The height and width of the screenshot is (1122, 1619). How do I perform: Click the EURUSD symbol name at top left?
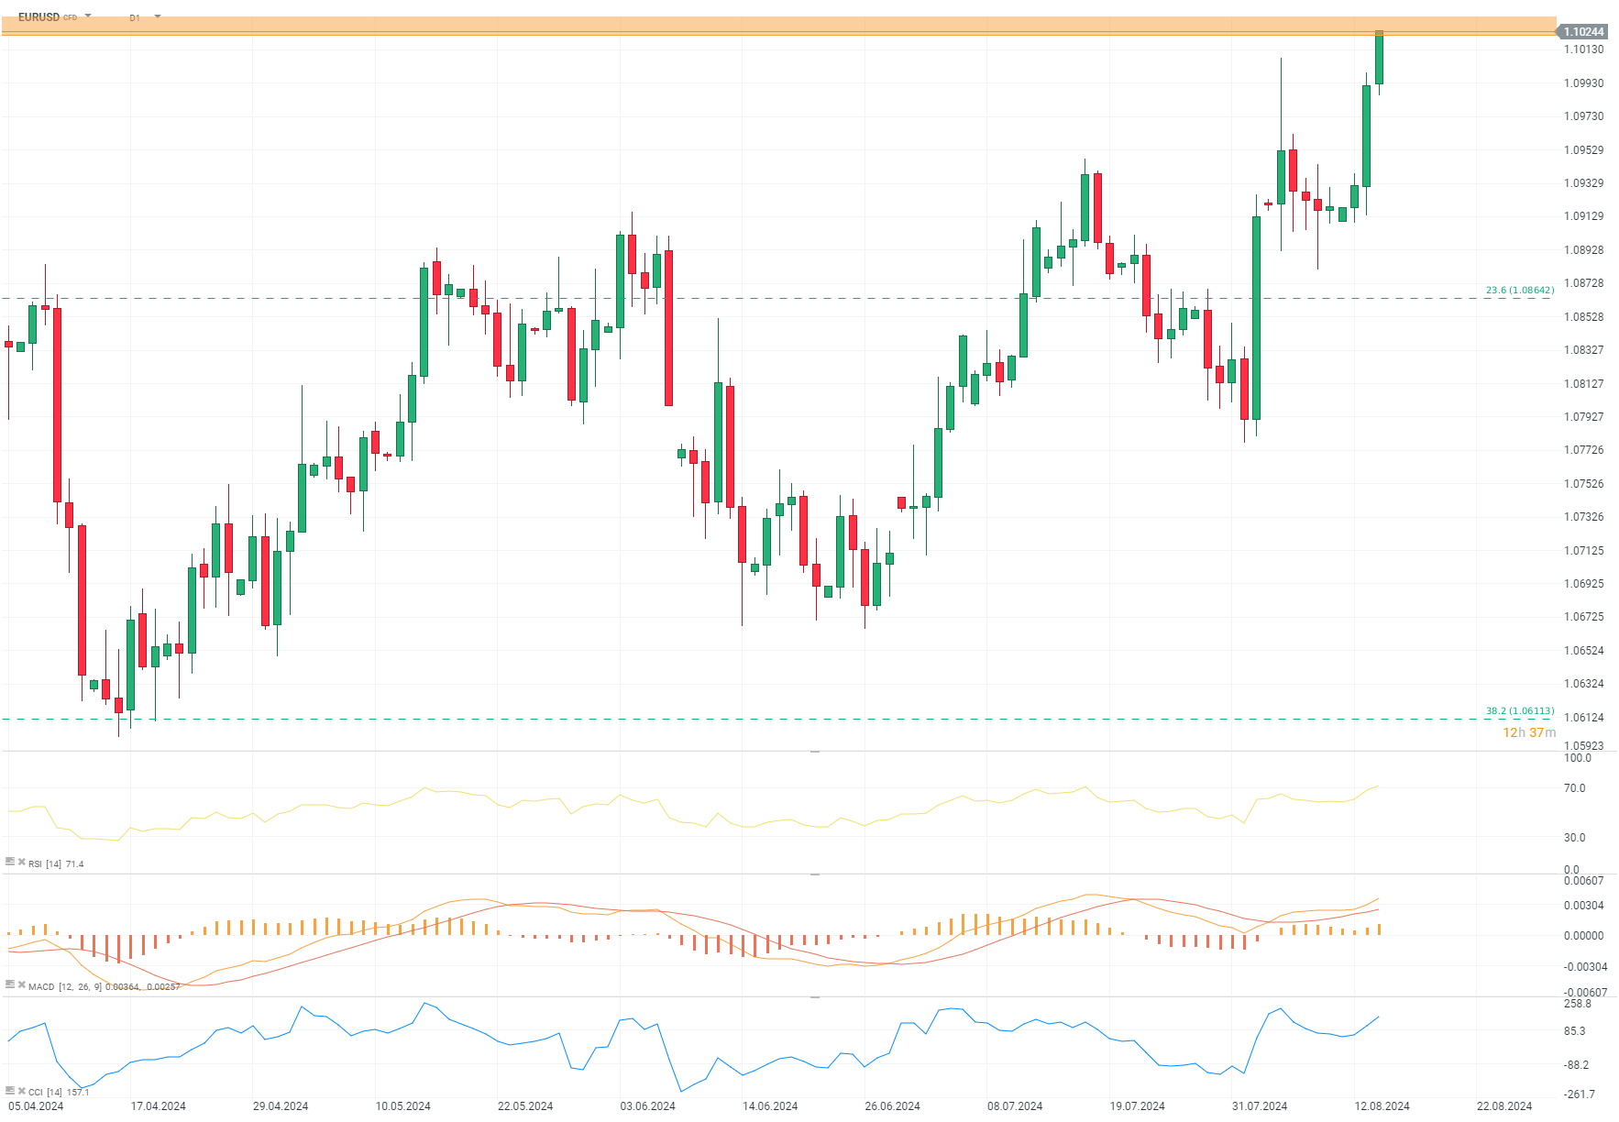pyautogui.click(x=39, y=17)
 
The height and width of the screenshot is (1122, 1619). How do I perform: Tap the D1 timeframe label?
pyautogui.click(x=135, y=18)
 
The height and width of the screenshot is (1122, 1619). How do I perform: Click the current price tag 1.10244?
pyautogui.click(x=1583, y=32)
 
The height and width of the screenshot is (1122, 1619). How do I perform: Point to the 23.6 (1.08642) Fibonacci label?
pyautogui.click(x=1519, y=291)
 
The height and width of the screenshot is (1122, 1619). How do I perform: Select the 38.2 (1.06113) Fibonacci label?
pyautogui.click(x=1519, y=711)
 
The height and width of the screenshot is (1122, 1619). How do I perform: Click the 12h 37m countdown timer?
pyautogui.click(x=1528, y=732)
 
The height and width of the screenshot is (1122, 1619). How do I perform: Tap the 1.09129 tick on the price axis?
pyautogui.click(x=1583, y=216)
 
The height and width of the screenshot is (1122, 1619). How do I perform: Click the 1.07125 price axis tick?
pyautogui.click(x=1583, y=551)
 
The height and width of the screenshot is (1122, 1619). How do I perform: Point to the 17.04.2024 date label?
pyautogui.click(x=158, y=1106)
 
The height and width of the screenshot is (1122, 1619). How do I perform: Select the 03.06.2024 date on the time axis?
pyautogui.click(x=647, y=1106)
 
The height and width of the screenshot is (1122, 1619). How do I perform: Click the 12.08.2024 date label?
pyautogui.click(x=1382, y=1106)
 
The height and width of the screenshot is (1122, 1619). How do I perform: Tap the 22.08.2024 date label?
pyautogui.click(x=1503, y=1106)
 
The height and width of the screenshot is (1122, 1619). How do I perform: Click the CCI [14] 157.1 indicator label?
pyautogui.click(x=58, y=1092)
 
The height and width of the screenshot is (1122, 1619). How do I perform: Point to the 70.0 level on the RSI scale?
pyautogui.click(x=1574, y=788)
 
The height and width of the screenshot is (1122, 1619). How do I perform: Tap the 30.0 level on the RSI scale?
pyautogui.click(x=1574, y=838)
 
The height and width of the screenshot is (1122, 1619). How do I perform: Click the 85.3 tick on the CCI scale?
pyautogui.click(x=1574, y=1031)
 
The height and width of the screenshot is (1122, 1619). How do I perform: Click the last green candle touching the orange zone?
pyautogui.click(x=1379, y=58)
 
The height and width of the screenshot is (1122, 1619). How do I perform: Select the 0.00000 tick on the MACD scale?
pyautogui.click(x=1583, y=936)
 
